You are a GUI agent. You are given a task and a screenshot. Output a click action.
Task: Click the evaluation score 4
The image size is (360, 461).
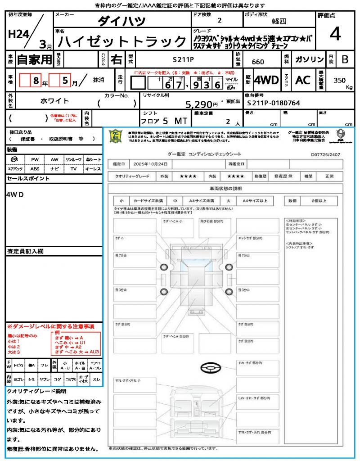point(334,35)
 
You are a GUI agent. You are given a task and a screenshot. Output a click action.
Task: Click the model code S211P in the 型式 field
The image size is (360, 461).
point(184,59)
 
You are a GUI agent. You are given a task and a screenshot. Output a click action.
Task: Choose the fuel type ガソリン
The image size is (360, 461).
point(309,59)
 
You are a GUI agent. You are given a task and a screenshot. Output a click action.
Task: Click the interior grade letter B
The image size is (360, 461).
point(345,59)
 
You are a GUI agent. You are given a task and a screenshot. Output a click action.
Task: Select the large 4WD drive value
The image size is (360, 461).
point(266,80)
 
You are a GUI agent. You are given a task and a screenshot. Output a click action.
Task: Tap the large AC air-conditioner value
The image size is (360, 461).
point(303,80)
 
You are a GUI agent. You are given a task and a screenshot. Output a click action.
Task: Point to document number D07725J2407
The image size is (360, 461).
point(325,154)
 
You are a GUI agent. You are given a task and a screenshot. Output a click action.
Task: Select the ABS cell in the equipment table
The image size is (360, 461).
point(35,169)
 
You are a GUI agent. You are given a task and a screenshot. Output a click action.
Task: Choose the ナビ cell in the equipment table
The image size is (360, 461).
point(54,169)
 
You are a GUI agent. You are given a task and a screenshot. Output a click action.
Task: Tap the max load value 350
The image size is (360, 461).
point(339,80)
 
